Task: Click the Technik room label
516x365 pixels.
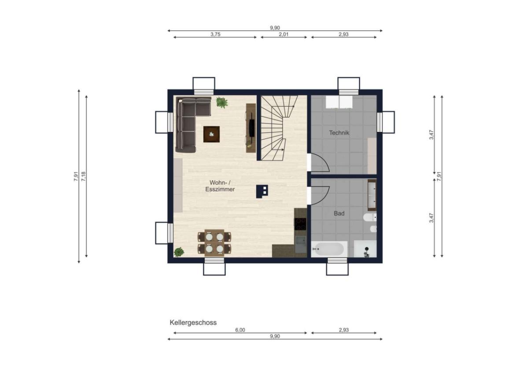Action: click(x=339, y=133)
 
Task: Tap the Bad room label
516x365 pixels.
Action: click(x=339, y=213)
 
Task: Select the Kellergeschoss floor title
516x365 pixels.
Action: click(x=193, y=323)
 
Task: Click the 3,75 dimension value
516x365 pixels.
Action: click(x=215, y=34)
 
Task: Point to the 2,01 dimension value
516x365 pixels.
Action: click(x=284, y=34)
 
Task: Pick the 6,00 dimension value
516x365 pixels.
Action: click(x=240, y=330)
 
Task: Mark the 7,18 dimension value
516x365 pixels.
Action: click(x=84, y=176)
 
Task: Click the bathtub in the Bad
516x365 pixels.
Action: click(x=329, y=249)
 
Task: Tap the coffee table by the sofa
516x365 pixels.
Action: click(x=211, y=134)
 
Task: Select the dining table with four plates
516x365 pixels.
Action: click(x=214, y=242)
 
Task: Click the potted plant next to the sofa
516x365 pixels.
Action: click(x=222, y=102)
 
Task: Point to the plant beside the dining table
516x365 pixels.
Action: click(x=179, y=252)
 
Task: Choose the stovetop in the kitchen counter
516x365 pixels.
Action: click(x=300, y=224)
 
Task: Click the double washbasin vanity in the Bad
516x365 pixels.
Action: click(x=372, y=195)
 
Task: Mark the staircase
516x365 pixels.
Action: click(x=280, y=128)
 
